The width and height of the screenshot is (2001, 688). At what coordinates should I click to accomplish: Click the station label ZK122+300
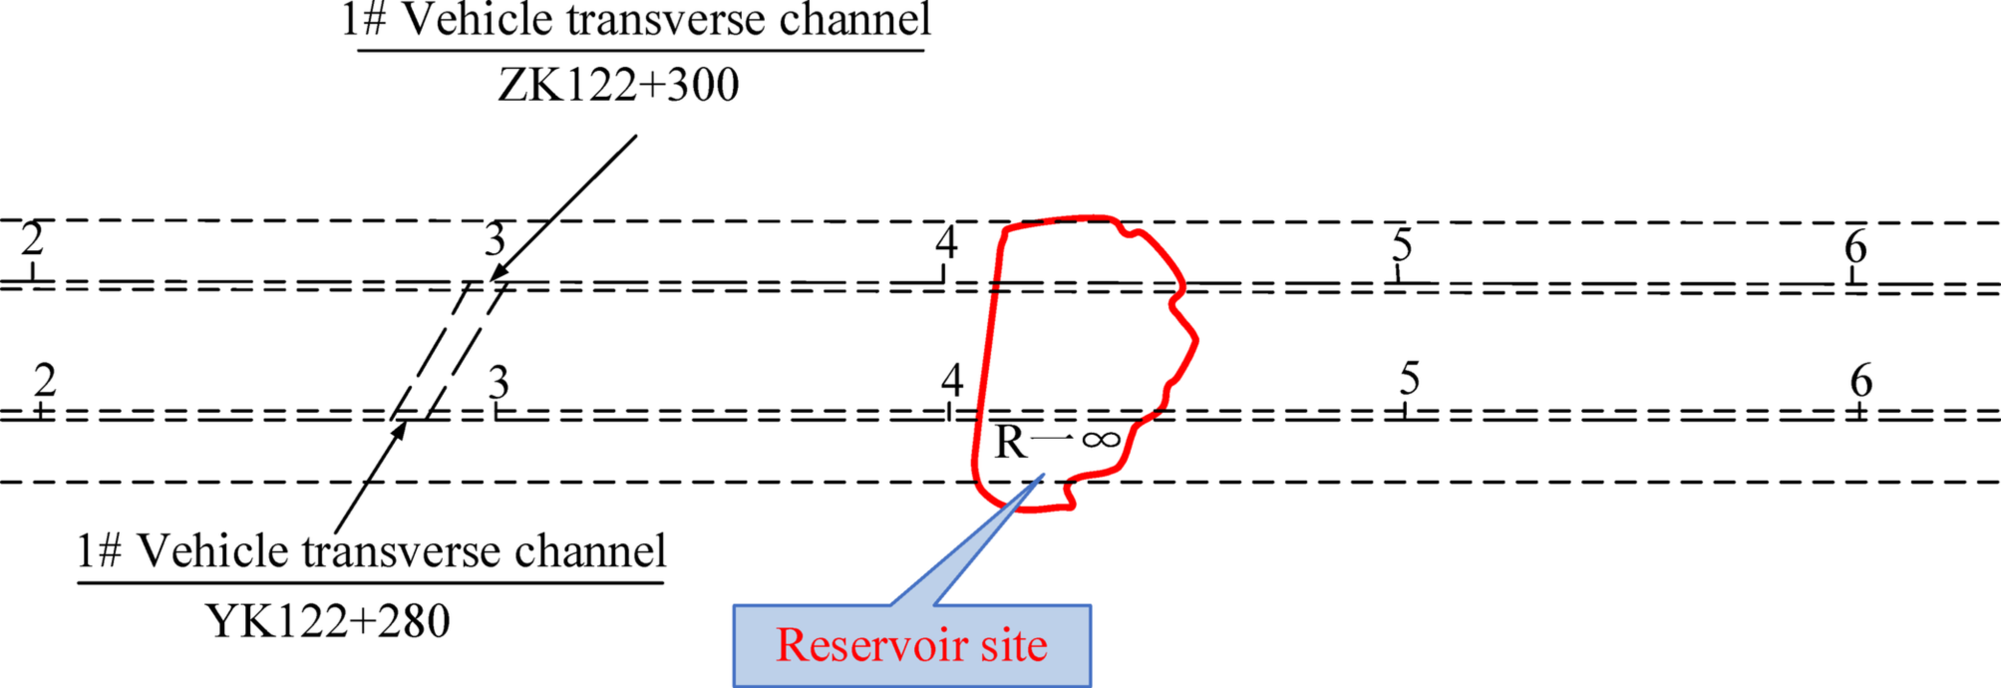coord(618,85)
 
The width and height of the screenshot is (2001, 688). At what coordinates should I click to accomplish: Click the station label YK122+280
coord(328,621)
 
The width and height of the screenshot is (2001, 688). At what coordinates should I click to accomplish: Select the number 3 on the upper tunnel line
coord(495,240)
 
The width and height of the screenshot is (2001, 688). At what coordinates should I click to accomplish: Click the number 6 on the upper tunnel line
coord(1855,248)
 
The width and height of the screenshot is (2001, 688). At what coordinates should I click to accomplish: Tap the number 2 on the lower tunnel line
coord(45,380)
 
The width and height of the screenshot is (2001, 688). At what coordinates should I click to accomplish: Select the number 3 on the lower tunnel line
coord(498,383)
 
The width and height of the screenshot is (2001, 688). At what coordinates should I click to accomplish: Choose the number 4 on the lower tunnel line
coord(952,380)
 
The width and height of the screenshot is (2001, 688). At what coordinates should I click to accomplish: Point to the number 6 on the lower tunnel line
coord(1861,380)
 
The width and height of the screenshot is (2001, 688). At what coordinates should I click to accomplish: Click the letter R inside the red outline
coord(1010,443)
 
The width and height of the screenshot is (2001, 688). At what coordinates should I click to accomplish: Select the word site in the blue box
coord(1013,645)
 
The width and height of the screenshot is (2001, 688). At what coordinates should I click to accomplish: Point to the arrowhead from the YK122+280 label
coord(399,429)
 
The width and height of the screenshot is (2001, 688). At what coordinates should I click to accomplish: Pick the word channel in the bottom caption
coord(590,551)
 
